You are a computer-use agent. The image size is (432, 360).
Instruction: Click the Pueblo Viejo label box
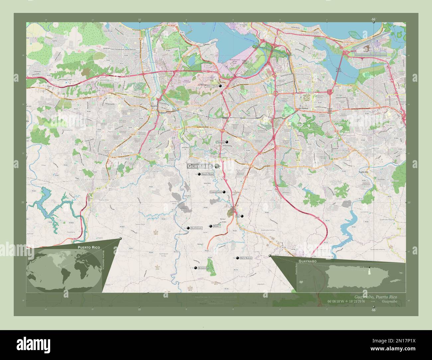tap(211, 86)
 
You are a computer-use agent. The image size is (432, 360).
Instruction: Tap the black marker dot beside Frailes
tap(227, 142)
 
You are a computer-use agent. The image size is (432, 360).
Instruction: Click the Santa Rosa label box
tap(207, 174)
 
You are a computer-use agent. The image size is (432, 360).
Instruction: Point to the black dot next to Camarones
tap(224, 192)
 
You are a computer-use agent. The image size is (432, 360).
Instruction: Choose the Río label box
tap(237, 216)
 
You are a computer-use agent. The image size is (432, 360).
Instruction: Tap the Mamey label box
tap(217, 226)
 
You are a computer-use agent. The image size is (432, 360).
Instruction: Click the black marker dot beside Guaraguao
tap(188, 228)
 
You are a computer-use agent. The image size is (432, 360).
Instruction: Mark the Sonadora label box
tap(203, 268)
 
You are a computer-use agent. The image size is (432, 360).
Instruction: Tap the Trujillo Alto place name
tap(366, 172)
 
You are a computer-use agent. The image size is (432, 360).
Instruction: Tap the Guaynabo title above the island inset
tap(307, 262)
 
